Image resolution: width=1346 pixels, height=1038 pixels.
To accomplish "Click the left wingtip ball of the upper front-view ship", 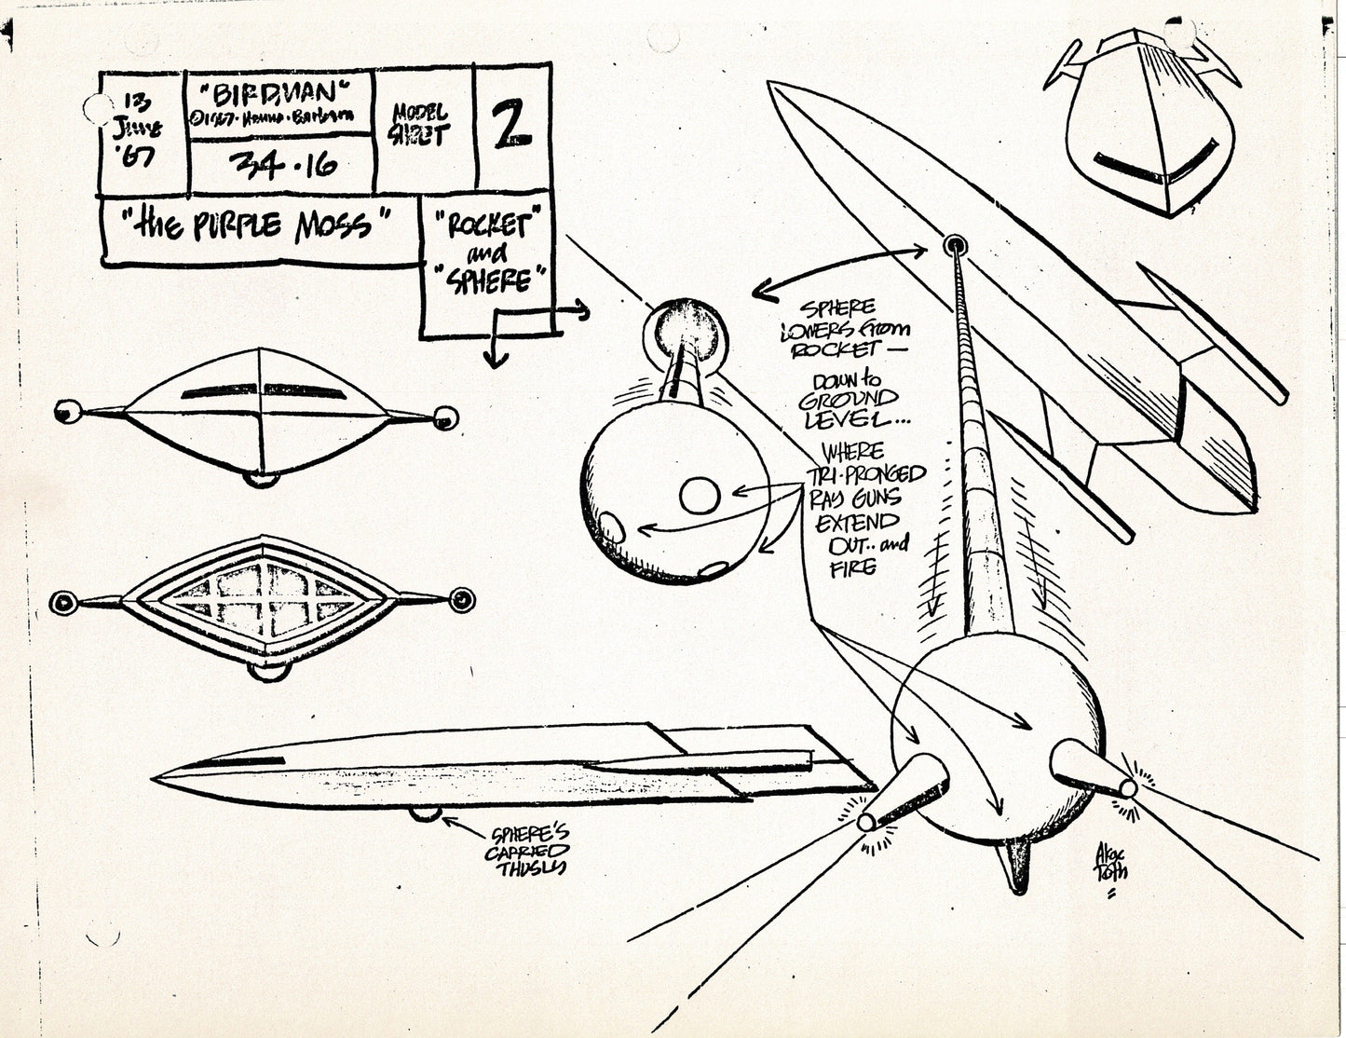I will click(66, 409).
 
